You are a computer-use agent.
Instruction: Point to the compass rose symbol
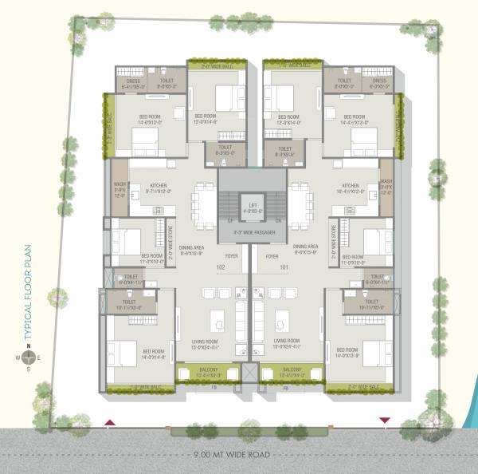click(26, 357)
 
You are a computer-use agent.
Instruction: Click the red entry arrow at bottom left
click(110, 421)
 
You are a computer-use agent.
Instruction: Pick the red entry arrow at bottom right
click(386, 420)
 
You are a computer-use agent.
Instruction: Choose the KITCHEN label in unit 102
click(161, 187)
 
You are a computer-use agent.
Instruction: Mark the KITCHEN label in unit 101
click(351, 187)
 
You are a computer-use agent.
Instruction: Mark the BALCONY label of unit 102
click(207, 369)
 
